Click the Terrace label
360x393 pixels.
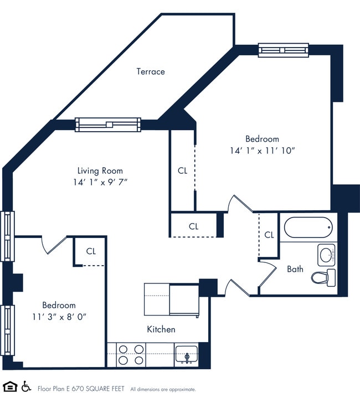click(151, 71)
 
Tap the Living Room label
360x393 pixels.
click(100, 170)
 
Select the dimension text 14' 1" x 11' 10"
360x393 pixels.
click(262, 151)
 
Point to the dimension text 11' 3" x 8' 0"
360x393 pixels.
click(59, 316)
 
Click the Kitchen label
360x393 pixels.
click(161, 329)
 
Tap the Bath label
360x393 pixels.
click(295, 269)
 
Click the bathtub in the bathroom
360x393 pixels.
click(308, 227)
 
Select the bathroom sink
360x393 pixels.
click(327, 255)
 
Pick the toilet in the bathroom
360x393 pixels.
click(323, 276)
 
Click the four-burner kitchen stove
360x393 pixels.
click(131, 354)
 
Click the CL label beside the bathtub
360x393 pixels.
click(269, 235)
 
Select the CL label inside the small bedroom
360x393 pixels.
click(91, 251)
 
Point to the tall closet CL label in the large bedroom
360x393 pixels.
click(183, 170)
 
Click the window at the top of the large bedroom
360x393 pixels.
click(283, 50)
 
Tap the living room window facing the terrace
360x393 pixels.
click(108, 125)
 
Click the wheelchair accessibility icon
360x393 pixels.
click(26, 386)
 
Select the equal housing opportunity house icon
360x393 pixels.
click(9, 386)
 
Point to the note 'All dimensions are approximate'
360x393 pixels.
click(163, 389)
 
